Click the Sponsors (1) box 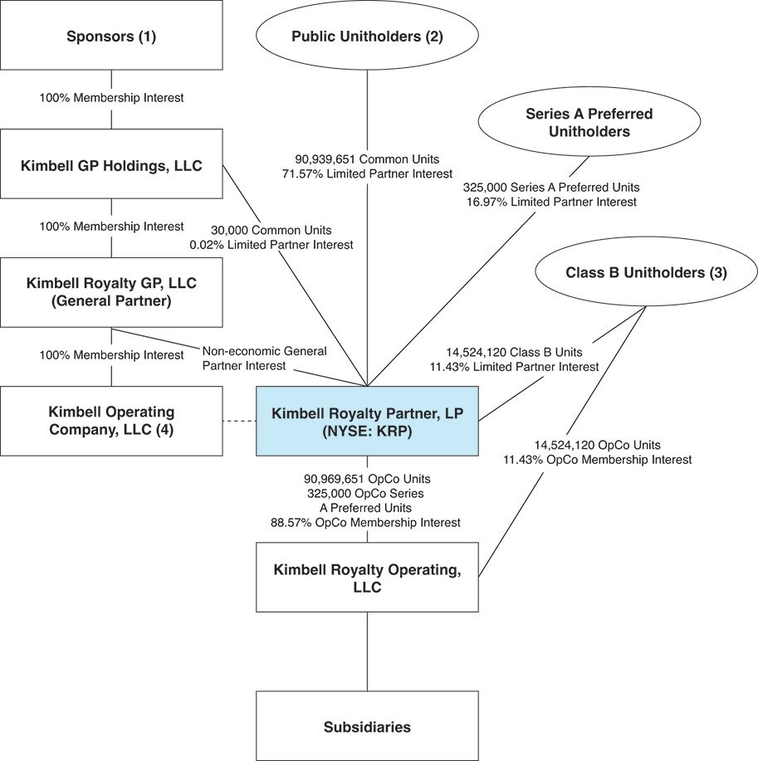111,36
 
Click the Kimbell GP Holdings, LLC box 111,164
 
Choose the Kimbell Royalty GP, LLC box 111,292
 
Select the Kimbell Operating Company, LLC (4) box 111,420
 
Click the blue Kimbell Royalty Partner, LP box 367,420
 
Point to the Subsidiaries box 367,726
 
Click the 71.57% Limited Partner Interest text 366,173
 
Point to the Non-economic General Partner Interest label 264,357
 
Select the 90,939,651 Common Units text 366,159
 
